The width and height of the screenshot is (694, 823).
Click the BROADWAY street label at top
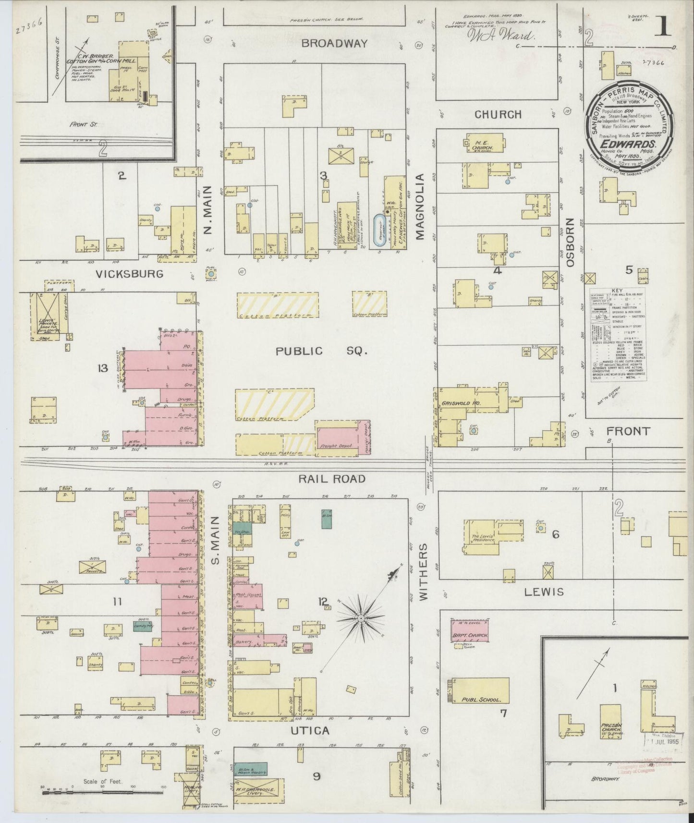click(335, 43)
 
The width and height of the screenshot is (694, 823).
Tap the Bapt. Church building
click(470, 629)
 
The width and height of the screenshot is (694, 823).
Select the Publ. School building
click(480, 691)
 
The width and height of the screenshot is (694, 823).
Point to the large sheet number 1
click(663, 26)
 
